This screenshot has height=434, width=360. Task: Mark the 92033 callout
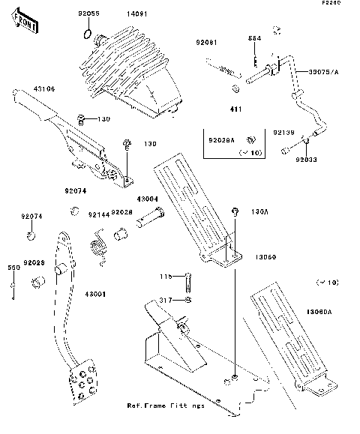click(x=304, y=159)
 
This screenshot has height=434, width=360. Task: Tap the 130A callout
click(x=258, y=212)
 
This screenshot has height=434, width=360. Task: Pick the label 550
click(x=13, y=267)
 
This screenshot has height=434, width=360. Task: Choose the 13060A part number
click(x=319, y=310)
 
